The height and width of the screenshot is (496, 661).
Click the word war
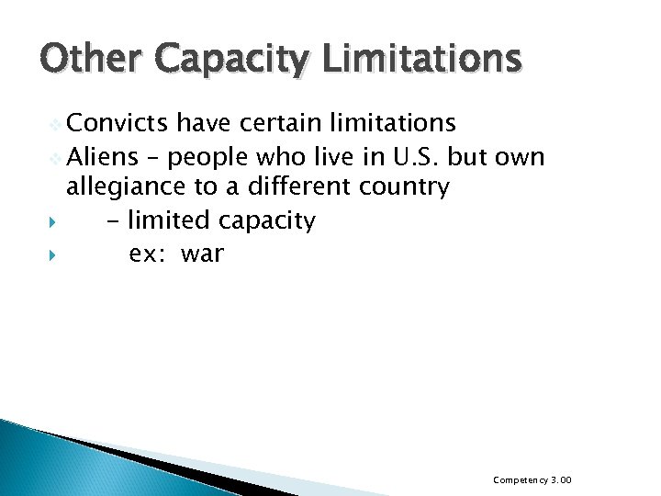[x=202, y=254]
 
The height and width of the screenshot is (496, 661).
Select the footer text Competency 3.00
[x=532, y=480]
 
